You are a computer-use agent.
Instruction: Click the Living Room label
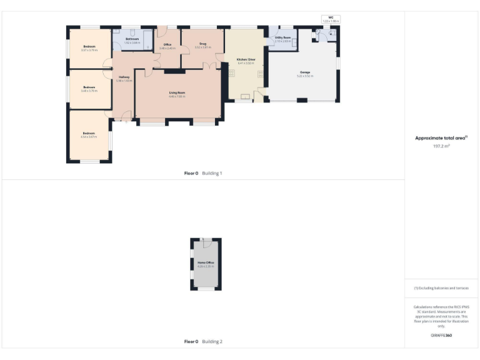(x=177, y=92)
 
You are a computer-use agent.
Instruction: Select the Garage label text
(x=305, y=72)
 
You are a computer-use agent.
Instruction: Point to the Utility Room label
(x=283, y=38)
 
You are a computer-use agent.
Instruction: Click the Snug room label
(x=202, y=44)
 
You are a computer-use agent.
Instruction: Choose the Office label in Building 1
(x=167, y=44)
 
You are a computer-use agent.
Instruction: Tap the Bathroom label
(x=132, y=39)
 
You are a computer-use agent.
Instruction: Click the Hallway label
(x=123, y=77)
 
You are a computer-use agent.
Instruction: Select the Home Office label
(x=206, y=262)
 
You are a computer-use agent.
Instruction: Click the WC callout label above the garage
(x=331, y=17)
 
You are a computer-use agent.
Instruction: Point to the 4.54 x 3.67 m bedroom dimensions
(x=89, y=136)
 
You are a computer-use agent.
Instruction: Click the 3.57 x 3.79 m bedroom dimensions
(x=89, y=49)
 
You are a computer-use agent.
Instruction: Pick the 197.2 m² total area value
(x=441, y=146)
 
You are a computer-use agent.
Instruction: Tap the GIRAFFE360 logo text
(x=441, y=336)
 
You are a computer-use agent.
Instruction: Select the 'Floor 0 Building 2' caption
(x=203, y=342)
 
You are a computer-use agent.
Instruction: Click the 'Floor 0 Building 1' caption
(x=203, y=173)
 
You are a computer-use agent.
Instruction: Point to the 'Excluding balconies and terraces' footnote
(x=441, y=288)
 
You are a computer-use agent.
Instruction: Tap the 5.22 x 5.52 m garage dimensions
(x=305, y=76)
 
